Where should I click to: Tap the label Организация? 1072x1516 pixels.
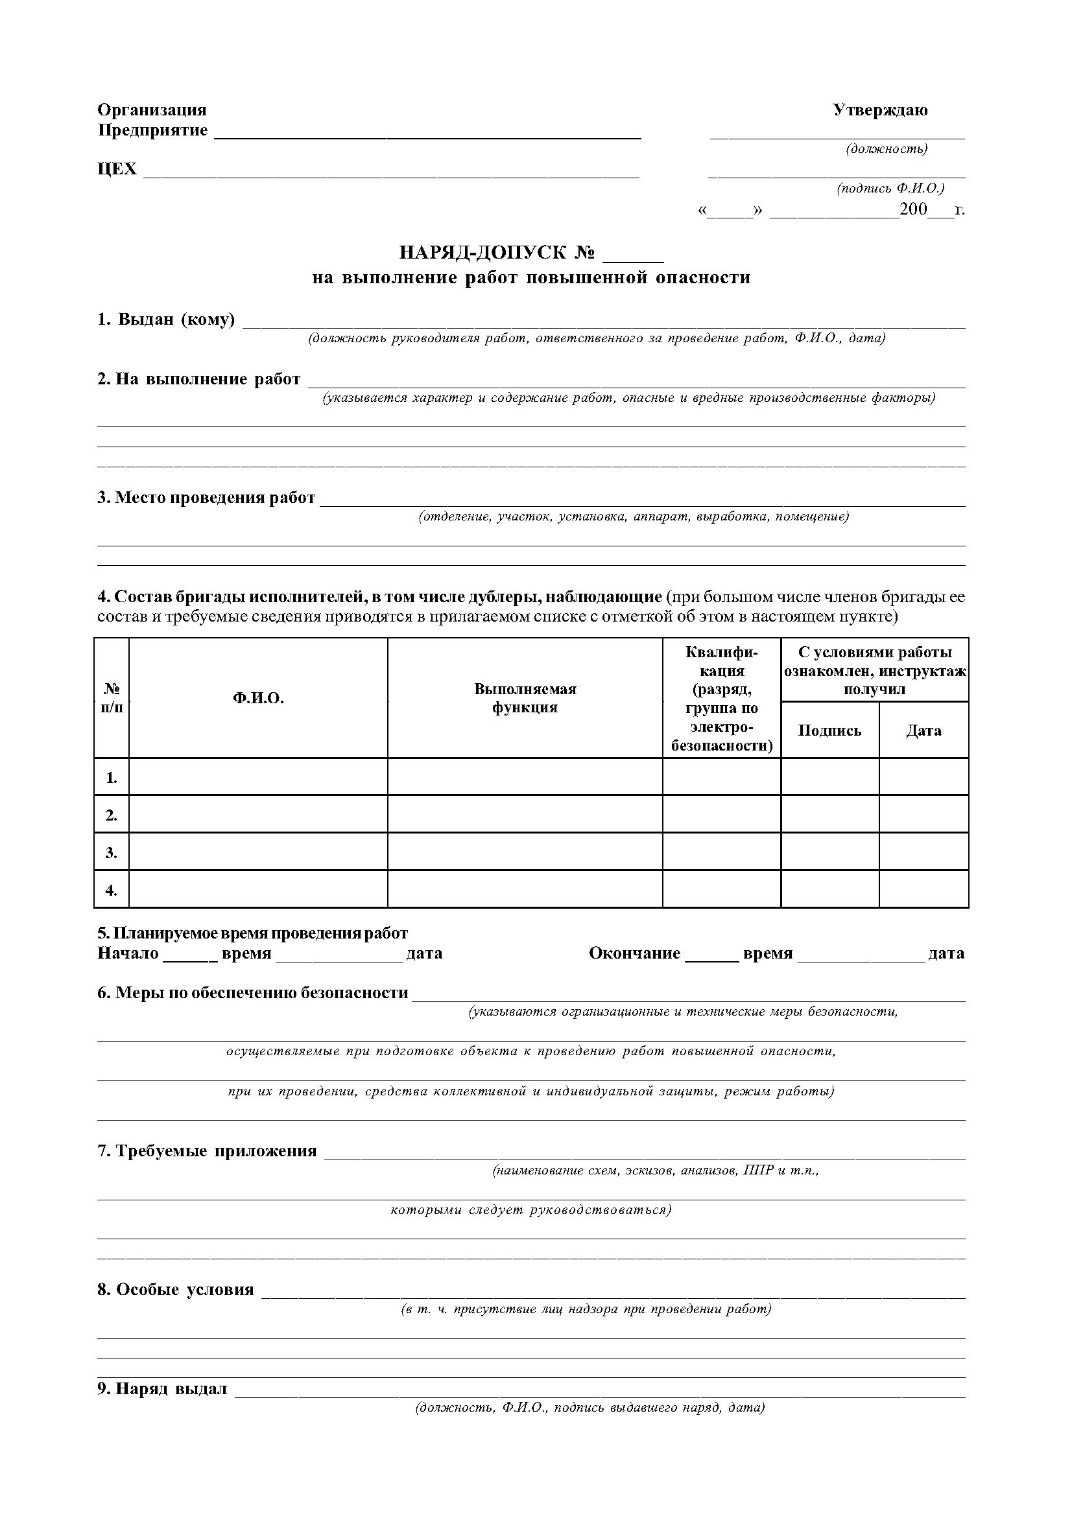(x=152, y=110)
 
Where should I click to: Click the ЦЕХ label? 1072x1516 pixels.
(x=117, y=169)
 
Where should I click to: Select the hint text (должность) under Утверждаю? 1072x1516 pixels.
(x=887, y=149)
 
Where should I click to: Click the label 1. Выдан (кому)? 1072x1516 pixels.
(x=167, y=320)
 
